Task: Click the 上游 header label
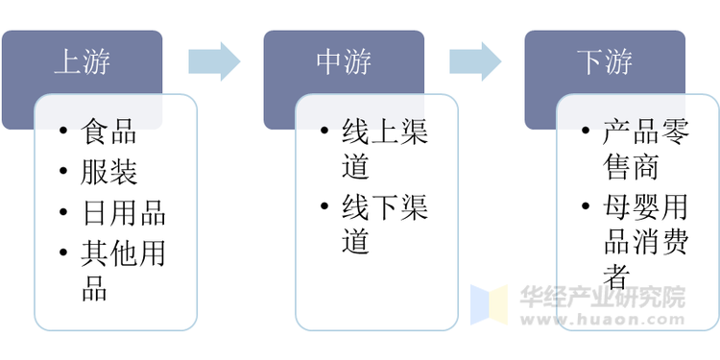(82, 62)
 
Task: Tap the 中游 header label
(344, 62)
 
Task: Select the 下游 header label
(605, 62)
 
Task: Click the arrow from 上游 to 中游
(213, 61)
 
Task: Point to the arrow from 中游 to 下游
(477, 61)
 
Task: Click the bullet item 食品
(109, 132)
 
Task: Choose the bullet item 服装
(109, 172)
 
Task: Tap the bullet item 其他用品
(123, 270)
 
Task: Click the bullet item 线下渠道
(384, 223)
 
